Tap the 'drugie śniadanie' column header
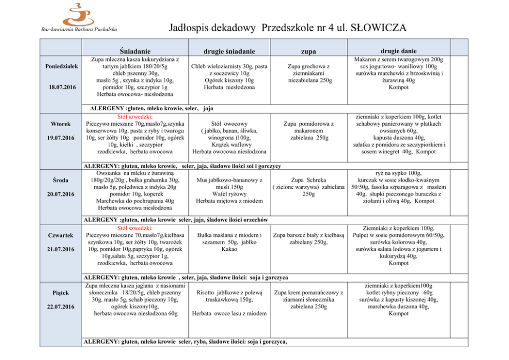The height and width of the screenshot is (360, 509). pyautogui.click(x=229, y=51)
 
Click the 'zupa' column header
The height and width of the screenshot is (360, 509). pyautogui.click(x=308, y=51)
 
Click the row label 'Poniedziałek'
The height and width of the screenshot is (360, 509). pyautogui.click(x=62, y=66)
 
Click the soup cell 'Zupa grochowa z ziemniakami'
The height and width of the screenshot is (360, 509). pyautogui.click(x=308, y=73)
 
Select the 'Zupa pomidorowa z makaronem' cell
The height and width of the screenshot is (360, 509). pyautogui.click(x=308, y=131)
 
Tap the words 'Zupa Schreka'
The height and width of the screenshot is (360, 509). pyautogui.click(x=308, y=180)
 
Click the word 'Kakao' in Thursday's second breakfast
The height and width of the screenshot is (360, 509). pyautogui.click(x=229, y=249)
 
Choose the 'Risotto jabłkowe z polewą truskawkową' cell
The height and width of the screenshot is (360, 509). pyautogui.click(x=229, y=296)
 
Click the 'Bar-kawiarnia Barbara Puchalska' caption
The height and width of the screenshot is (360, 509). pyautogui.click(x=79, y=29)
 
